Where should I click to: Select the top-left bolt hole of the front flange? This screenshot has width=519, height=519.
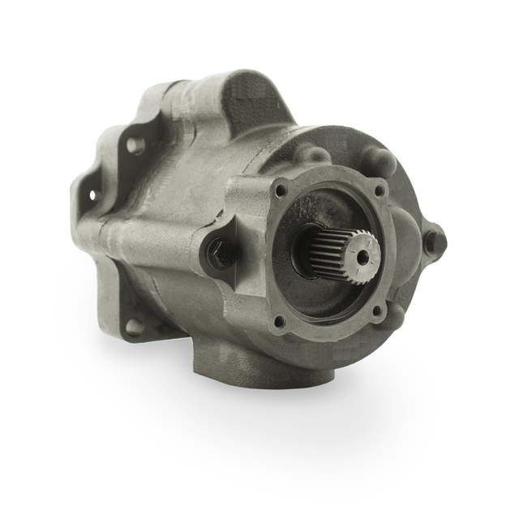pos(280,191)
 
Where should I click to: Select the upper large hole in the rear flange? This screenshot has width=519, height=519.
pos(135,147)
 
